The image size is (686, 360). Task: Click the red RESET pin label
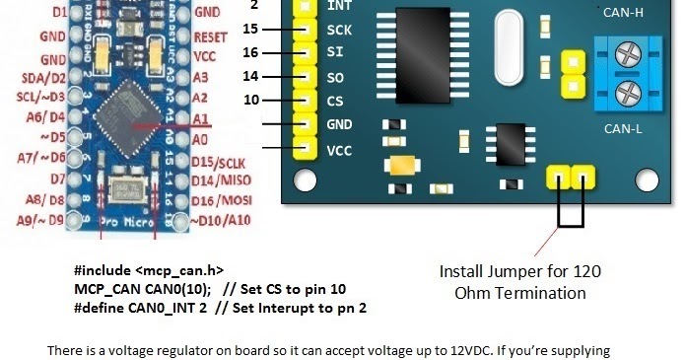click(x=213, y=36)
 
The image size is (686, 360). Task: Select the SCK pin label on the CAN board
click(x=338, y=31)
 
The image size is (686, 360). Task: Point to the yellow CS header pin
click(x=303, y=102)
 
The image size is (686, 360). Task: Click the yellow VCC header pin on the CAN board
click(x=303, y=151)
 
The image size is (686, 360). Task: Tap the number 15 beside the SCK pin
click(x=252, y=30)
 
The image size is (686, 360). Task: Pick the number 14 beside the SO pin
click(x=252, y=76)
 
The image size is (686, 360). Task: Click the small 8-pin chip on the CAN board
click(x=510, y=142)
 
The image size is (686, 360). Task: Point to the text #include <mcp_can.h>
click(x=149, y=269)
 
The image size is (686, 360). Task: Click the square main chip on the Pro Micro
click(x=128, y=106)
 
